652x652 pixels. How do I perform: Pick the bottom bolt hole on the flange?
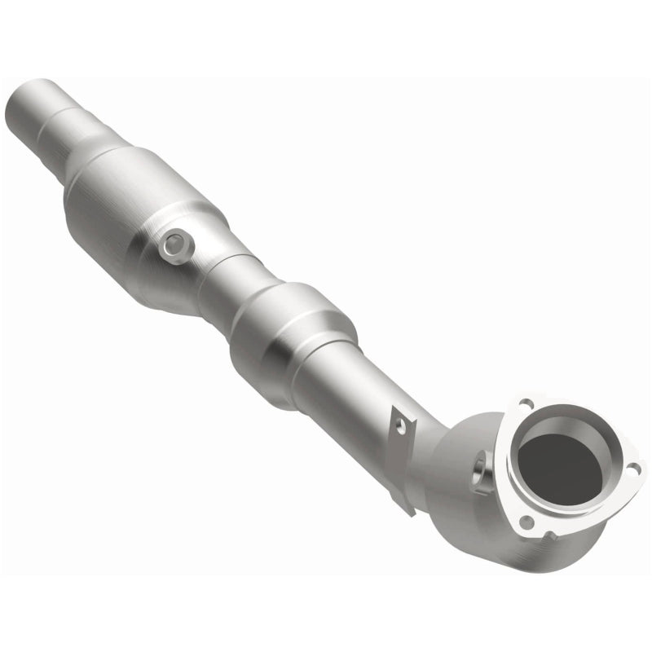tap(531, 522)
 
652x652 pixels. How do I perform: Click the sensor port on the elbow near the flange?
tap(478, 470)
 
